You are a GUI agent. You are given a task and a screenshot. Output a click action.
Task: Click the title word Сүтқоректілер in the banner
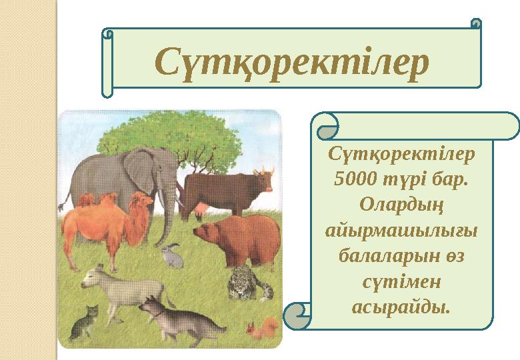pyautogui.click(x=291, y=62)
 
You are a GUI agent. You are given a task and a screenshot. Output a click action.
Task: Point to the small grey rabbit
pyautogui.click(x=173, y=257)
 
